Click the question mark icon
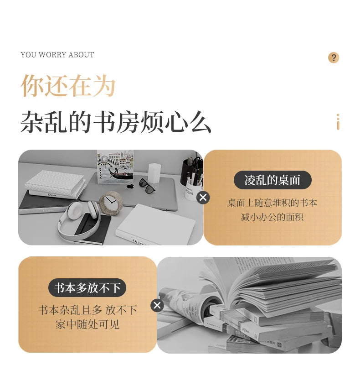pyautogui.click(x=334, y=57)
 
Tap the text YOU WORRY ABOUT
pyautogui.click(x=57, y=55)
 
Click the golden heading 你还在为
pyautogui.click(x=68, y=85)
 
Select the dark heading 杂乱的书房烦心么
pyautogui.click(x=116, y=122)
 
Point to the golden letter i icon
pyautogui.click(x=338, y=122)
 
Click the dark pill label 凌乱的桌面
pyautogui.click(x=273, y=180)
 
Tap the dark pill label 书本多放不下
pyautogui.click(x=87, y=288)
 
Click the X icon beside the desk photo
pyautogui.click(x=203, y=198)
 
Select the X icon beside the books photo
pyautogui.click(x=157, y=305)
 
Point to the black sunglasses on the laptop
pyautogui.click(x=147, y=186)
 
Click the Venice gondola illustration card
pyautogui.click(x=115, y=167)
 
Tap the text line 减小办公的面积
pyautogui.click(x=273, y=217)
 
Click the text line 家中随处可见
pyautogui.click(x=87, y=324)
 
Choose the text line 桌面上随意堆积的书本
pyautogui.click(x=273, y=203)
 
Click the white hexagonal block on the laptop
pyautogui.click(x=154, y=173)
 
